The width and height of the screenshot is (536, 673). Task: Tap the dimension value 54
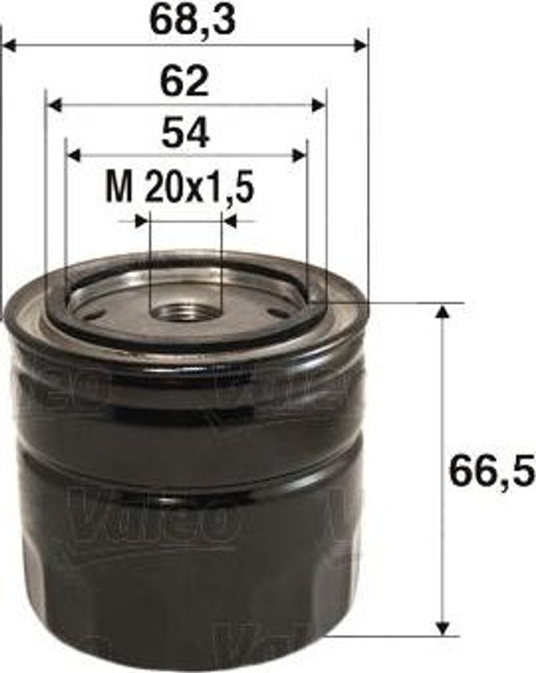(185, 133)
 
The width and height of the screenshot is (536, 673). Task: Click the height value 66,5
(492, 471)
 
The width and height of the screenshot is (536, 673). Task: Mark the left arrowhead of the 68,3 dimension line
(9, 45)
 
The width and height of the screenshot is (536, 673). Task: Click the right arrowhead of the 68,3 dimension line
(361, 45)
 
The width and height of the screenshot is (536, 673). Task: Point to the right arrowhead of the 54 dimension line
(300, 156)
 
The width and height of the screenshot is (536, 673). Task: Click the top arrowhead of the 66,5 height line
(443, 311)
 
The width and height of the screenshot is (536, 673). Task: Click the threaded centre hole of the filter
(185, 311)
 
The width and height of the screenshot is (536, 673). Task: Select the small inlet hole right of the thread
(279, 313)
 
